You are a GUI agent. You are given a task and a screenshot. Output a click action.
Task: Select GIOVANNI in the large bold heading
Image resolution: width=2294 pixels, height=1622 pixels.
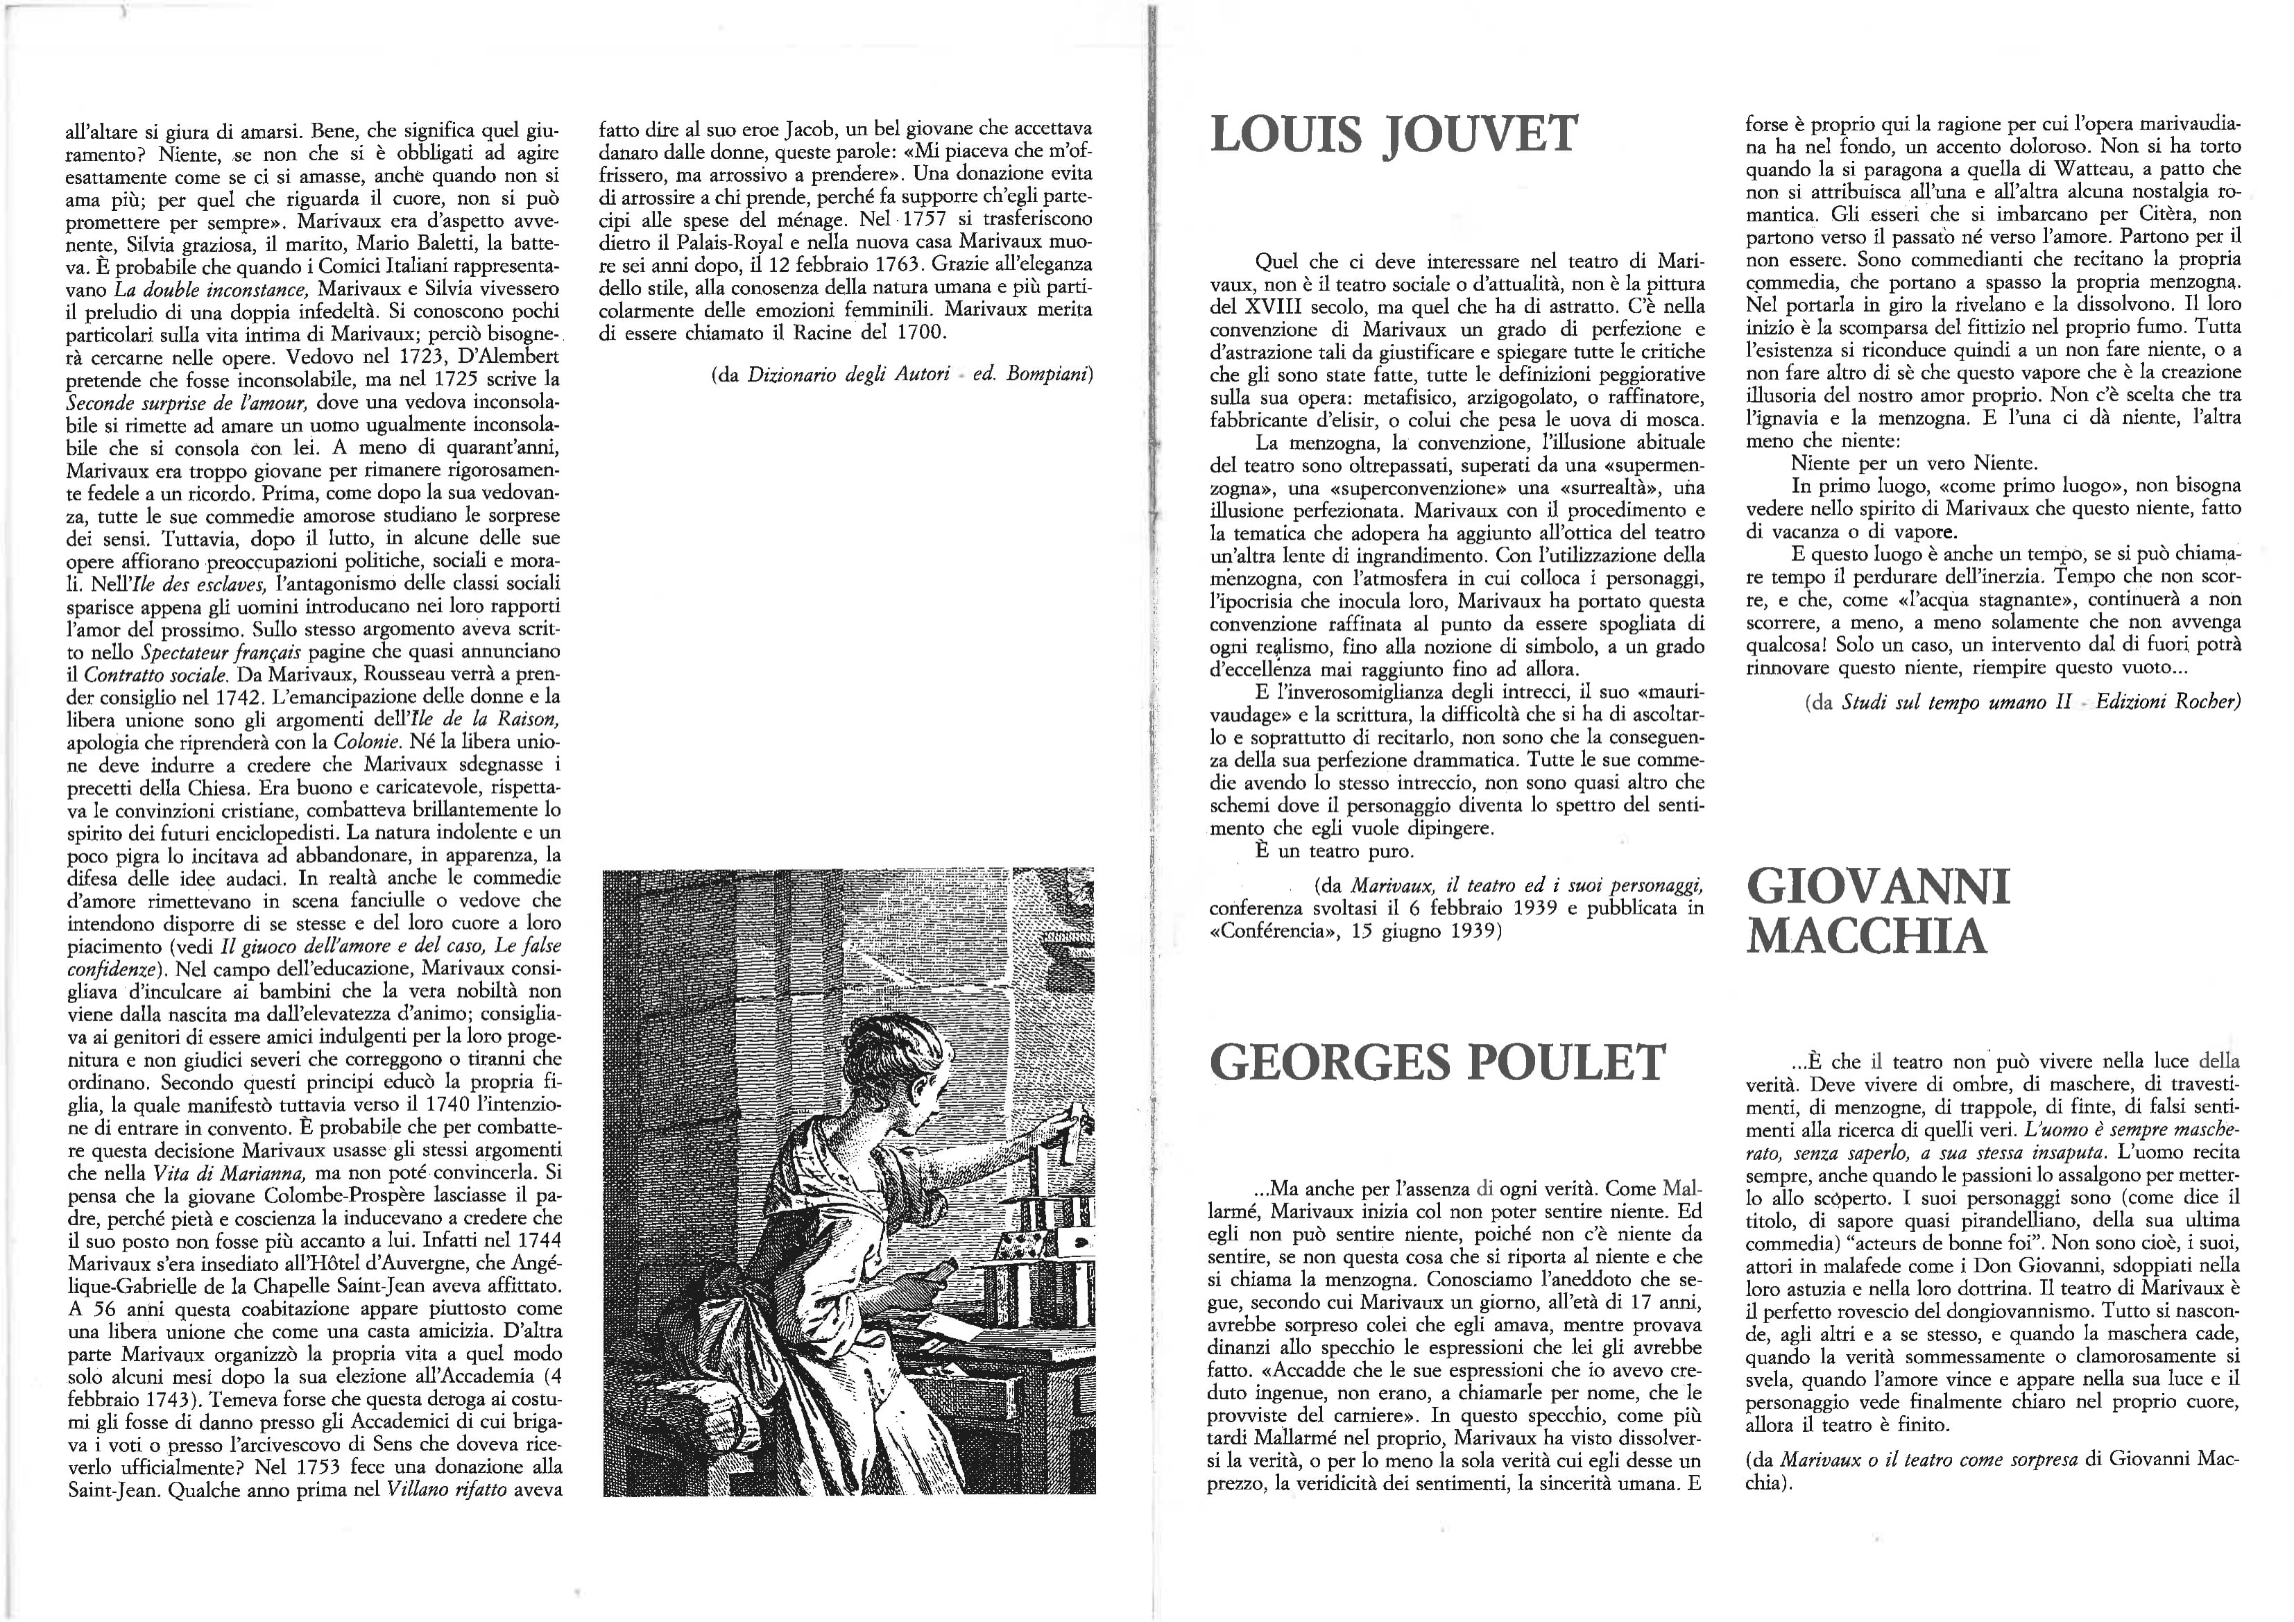[x=1878, y=887]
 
